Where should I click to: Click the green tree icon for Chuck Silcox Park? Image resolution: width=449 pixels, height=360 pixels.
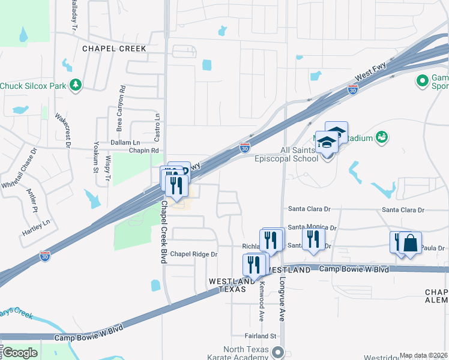pos(76,86)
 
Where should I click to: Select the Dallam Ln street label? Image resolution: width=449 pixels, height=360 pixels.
pos(125,143)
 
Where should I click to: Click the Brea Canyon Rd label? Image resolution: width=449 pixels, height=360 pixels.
pos(121,108)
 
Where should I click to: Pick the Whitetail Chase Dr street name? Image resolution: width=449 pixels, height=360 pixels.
pos(19,166)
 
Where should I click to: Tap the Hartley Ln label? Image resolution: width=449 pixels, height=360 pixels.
pos(37,227)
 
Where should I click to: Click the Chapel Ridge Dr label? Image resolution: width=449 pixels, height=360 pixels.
pos(193,254)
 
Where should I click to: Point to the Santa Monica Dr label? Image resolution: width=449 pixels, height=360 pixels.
pos(312,227)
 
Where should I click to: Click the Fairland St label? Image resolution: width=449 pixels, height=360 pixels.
pos(259,336)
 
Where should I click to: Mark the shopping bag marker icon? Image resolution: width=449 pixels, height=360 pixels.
pos(410,244)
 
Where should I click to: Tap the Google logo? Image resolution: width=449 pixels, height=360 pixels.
pos(19,353)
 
